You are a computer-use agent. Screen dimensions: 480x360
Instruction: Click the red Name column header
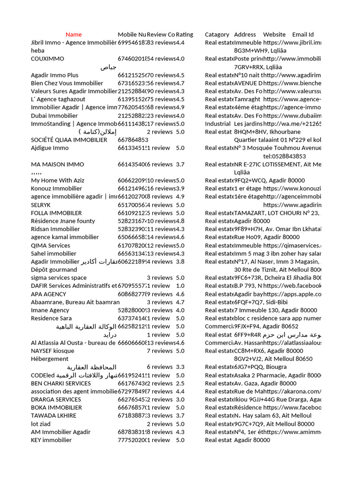(x=74, y=35)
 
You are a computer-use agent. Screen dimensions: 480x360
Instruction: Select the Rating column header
(x=184, y=35)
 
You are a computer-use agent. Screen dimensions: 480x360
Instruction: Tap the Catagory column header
(x=217, y=35)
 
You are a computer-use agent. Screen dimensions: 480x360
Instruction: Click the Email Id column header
(x=303, y=35)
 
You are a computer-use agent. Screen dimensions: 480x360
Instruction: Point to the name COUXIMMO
(x=47, y=59)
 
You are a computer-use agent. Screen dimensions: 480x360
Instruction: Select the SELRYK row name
(x=41, y=205)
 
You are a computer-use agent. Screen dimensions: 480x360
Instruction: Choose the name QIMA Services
(x=51, y=246)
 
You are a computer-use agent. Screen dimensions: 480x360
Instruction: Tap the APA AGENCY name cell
(x=49, y=294)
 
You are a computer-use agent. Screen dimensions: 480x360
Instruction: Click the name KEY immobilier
(x=51, y=440)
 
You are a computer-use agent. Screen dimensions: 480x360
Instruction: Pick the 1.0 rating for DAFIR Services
(x=180, y=286)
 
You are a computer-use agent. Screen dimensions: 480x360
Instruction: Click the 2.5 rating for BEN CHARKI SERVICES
(x=180, y=383)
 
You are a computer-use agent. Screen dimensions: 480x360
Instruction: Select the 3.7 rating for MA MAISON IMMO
(x=180, y=165)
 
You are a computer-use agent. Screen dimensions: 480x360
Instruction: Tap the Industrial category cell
(x=217, y=124)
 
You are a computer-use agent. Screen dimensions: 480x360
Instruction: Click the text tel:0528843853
(x=285, y=157)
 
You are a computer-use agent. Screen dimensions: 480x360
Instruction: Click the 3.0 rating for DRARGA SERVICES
(x=180, y=399)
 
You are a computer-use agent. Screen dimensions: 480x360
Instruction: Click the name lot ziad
(x=41, y=424)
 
